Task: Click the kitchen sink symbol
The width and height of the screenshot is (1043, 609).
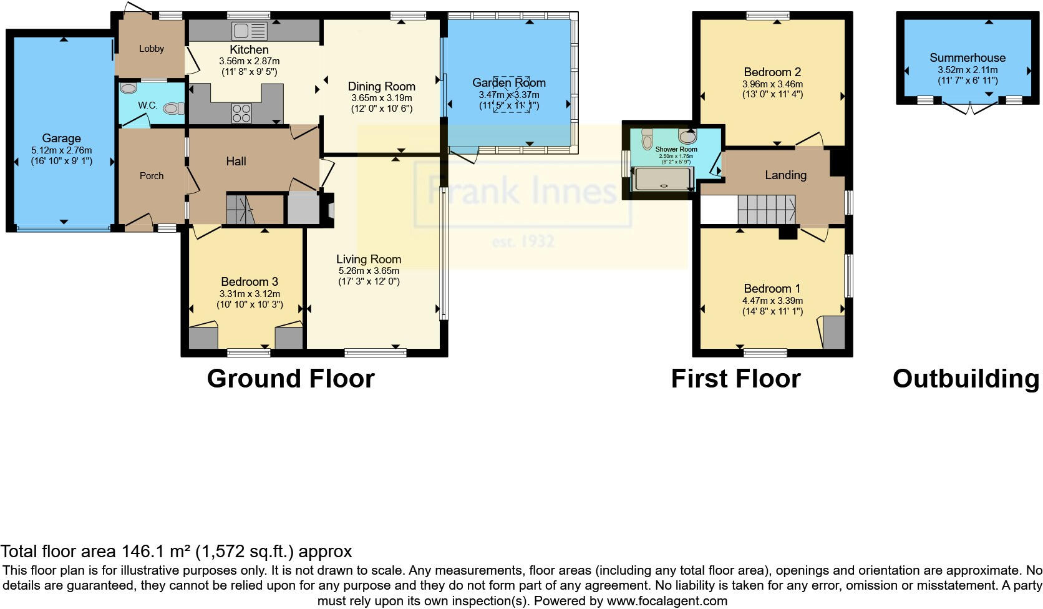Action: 249,30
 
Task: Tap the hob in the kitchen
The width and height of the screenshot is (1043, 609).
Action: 242,113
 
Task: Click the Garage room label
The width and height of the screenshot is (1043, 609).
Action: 61,139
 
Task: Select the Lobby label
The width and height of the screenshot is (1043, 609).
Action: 152,49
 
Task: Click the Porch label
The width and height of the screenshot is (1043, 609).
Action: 152,176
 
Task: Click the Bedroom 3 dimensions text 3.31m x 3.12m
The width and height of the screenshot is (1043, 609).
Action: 250,294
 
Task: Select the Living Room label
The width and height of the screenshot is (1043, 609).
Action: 369,259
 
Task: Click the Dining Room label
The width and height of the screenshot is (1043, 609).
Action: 382,87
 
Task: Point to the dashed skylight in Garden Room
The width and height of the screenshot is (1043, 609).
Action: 512,100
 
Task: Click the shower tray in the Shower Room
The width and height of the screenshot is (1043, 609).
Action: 663,179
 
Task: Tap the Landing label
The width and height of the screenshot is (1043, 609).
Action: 785,175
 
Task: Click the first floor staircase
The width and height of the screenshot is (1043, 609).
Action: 766,208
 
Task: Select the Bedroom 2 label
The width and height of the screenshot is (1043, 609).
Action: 772,72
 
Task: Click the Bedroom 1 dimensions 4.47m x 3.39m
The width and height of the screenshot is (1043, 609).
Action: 772,301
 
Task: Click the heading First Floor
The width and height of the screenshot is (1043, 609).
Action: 735,379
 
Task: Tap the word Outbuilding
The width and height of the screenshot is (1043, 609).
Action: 966,379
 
